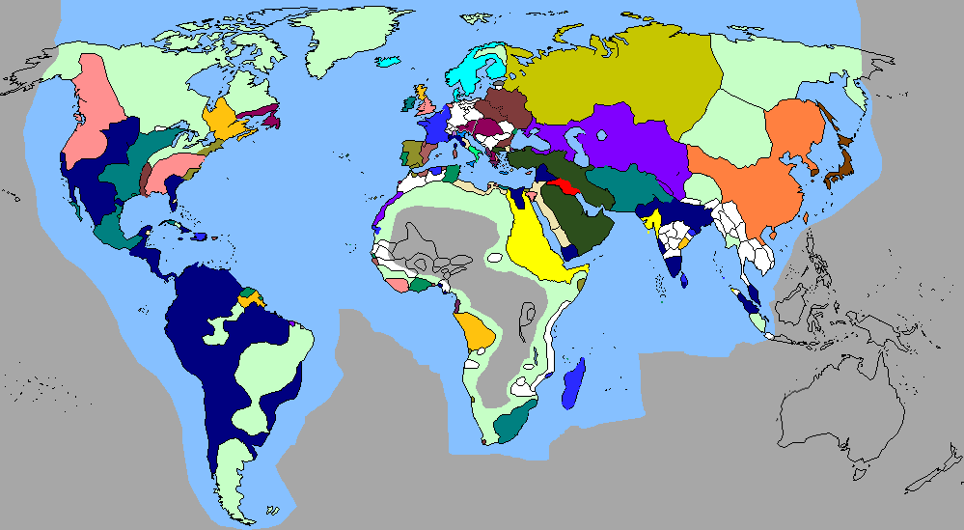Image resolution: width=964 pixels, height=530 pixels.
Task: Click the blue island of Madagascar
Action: click(x=573, y=387)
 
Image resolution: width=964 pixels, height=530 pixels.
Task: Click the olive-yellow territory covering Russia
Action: click(x=618, y=77)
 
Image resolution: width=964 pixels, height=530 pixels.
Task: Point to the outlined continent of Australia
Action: click(x=849, y=415)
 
